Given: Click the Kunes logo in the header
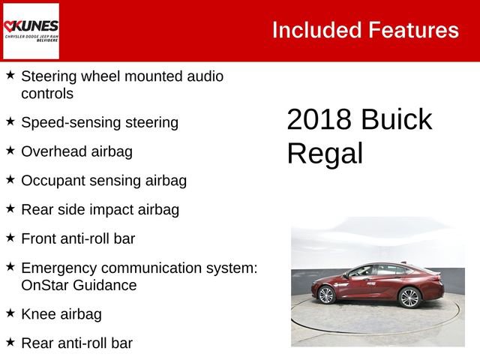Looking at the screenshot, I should [x=31, y=31].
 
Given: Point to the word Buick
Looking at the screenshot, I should [x=395, y=120].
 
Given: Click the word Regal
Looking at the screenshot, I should [x=324, y=154].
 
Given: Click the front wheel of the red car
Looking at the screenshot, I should [x=326, y=295].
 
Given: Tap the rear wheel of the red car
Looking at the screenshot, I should [x=409, y=298].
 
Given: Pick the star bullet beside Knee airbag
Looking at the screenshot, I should [x=10, y=313].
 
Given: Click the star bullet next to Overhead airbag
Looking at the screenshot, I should [x=10, y=150].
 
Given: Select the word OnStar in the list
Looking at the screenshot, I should [x=46, y=285].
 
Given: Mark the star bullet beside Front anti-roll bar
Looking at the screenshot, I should [x=10, y=237].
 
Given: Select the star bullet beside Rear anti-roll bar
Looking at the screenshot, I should [x=10, y=342].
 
